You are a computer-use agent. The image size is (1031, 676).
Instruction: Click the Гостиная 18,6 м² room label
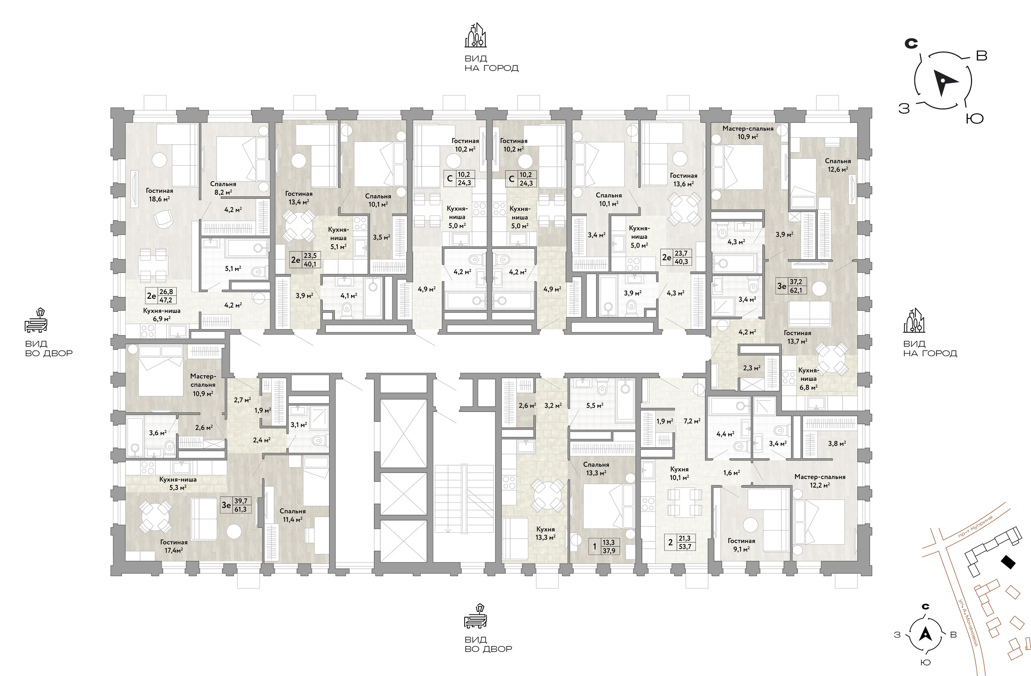coord(160,195)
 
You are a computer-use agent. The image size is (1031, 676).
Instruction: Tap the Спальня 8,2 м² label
coord(223,188)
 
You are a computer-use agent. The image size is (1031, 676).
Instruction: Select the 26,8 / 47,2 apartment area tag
coord(161,296)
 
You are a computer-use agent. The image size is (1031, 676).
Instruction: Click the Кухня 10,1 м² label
coord(679,474)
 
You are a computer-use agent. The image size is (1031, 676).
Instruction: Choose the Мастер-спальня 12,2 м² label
coord(820,481)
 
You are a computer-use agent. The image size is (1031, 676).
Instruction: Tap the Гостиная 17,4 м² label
coord(174,546)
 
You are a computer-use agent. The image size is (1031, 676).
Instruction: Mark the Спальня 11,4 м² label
coord(292,515)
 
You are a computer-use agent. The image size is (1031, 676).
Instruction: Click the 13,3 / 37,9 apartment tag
coord(604,547)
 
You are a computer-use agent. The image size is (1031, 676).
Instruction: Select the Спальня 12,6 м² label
coord(838,165)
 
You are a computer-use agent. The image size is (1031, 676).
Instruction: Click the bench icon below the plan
coord(476,616)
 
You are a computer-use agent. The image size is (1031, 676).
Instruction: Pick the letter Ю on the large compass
coord(975,118)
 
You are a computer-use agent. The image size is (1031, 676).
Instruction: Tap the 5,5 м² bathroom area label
coord(595,406)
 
